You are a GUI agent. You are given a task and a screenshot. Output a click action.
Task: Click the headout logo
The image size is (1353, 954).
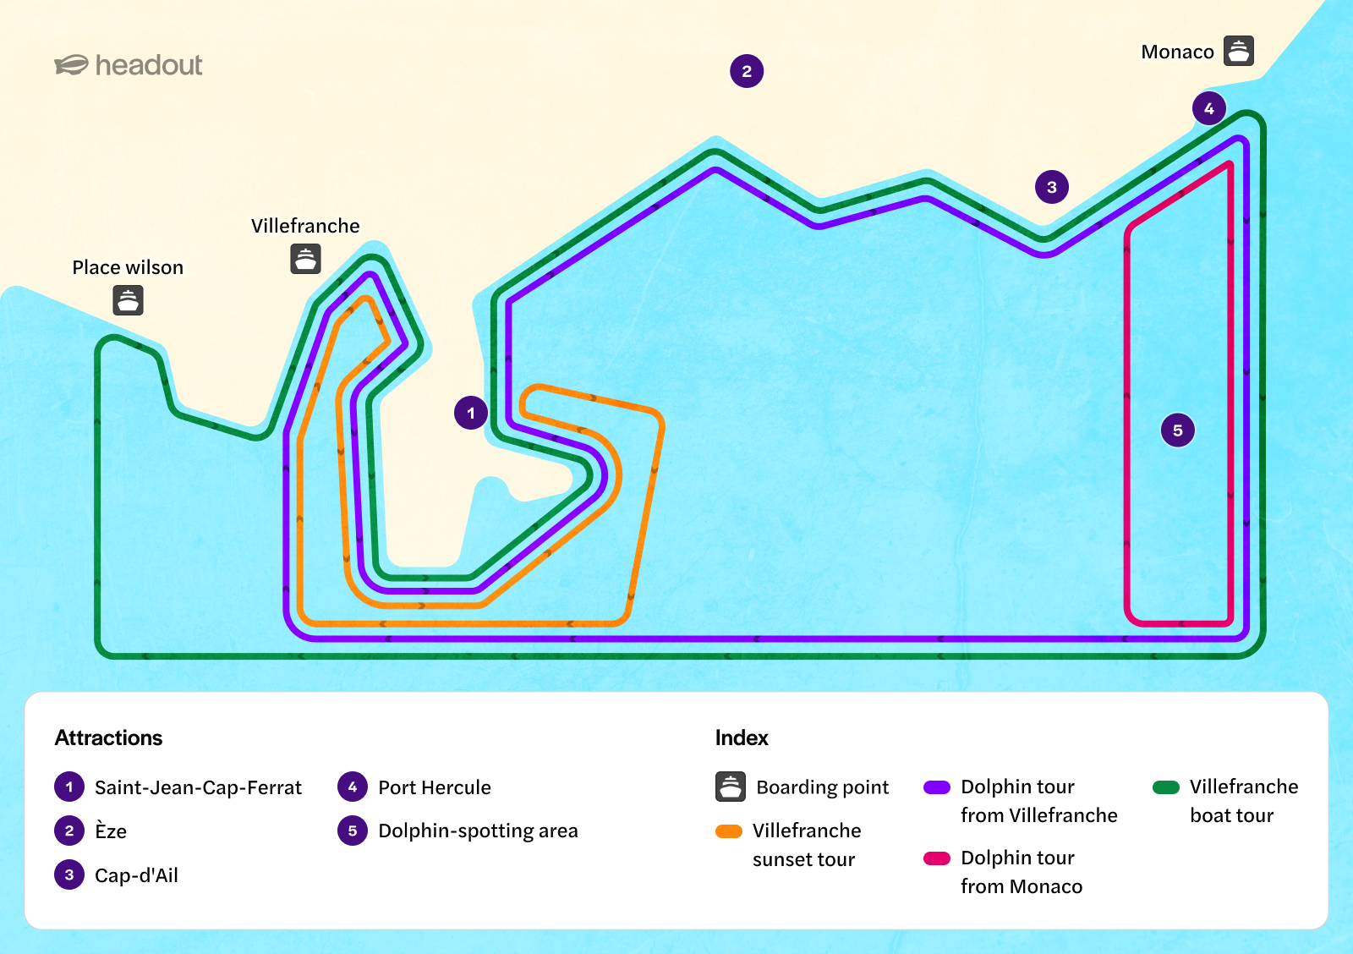pos(128,64)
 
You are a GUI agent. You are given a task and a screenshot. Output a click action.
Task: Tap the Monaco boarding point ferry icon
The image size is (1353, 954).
pos(1238,51)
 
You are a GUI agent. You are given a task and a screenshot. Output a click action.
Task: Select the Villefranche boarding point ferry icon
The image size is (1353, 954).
pos(305,259)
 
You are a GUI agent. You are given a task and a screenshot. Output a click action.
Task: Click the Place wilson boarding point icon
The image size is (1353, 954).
pos(128,300)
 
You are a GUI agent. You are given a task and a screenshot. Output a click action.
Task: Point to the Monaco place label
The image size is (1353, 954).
pos(1177,52)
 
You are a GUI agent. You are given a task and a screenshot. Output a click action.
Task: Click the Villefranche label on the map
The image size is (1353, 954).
pos(305,226)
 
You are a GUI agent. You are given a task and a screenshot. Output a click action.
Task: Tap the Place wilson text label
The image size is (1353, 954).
pos(128,267)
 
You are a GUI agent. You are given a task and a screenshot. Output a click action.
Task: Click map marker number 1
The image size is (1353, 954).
pos(470,414)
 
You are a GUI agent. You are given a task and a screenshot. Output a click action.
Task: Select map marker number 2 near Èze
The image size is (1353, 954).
pos(747,71)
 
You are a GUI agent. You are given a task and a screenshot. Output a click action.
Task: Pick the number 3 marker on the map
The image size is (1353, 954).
pos(1052,187)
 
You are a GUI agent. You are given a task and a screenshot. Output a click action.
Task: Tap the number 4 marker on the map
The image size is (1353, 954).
pos(1208,109)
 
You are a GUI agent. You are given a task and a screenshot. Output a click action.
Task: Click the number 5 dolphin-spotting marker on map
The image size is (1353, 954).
pos(1177,430)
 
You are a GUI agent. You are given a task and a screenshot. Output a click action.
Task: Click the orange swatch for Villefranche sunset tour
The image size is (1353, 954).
pos(728,831)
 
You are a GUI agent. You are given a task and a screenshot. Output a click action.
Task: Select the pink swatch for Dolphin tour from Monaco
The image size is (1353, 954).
pos(937,858)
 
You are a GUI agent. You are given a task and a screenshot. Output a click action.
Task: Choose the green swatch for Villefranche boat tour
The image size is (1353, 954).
pos(1166,787)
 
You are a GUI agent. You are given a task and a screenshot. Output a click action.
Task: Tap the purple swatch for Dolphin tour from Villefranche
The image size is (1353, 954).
pos(937,787)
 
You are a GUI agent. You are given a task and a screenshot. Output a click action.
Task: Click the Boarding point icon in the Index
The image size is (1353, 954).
pos(731,787)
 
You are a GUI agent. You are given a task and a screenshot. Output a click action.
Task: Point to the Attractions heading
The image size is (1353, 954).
pos(109,737)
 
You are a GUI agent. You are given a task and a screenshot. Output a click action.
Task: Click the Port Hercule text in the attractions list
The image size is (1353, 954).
pos(435,787)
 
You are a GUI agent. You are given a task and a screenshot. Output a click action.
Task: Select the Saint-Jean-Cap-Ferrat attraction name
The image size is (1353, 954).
pos(198,787)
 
